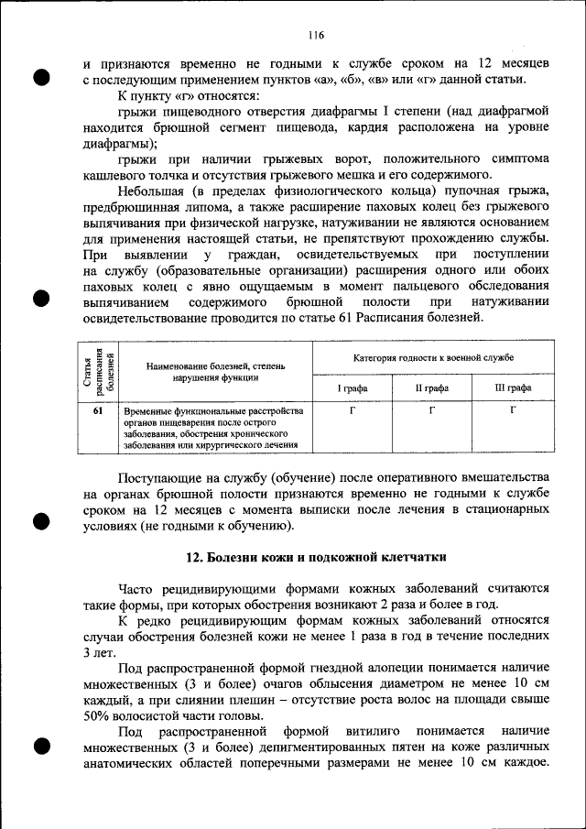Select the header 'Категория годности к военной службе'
[433, 356]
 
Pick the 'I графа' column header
[353, 387]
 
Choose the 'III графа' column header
[513, 387]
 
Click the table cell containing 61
[97, 411]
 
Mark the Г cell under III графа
[513, 411]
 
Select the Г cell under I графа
[353, 411]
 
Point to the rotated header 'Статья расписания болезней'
[97, 370]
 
